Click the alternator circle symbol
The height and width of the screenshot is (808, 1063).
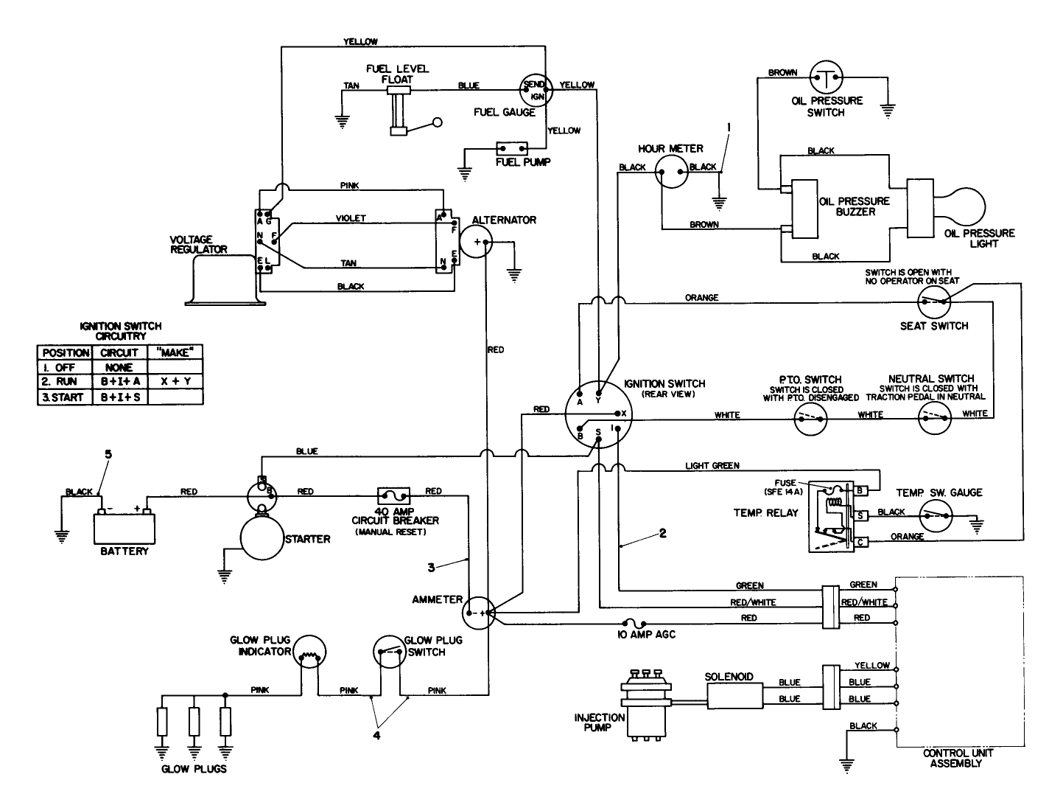pos(477,240)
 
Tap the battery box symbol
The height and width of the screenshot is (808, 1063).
pos(124,528)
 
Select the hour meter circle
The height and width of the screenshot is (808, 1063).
pos(671,172)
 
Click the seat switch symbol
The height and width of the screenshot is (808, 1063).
pos(935,301)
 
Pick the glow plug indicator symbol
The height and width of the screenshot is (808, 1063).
pos(310,652)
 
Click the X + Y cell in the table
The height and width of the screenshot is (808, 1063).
pos(175,382)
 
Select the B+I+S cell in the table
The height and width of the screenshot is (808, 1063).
pos(119,397)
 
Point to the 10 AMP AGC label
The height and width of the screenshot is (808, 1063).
pos(646,634)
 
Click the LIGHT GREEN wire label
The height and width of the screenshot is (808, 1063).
pos(712,466)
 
